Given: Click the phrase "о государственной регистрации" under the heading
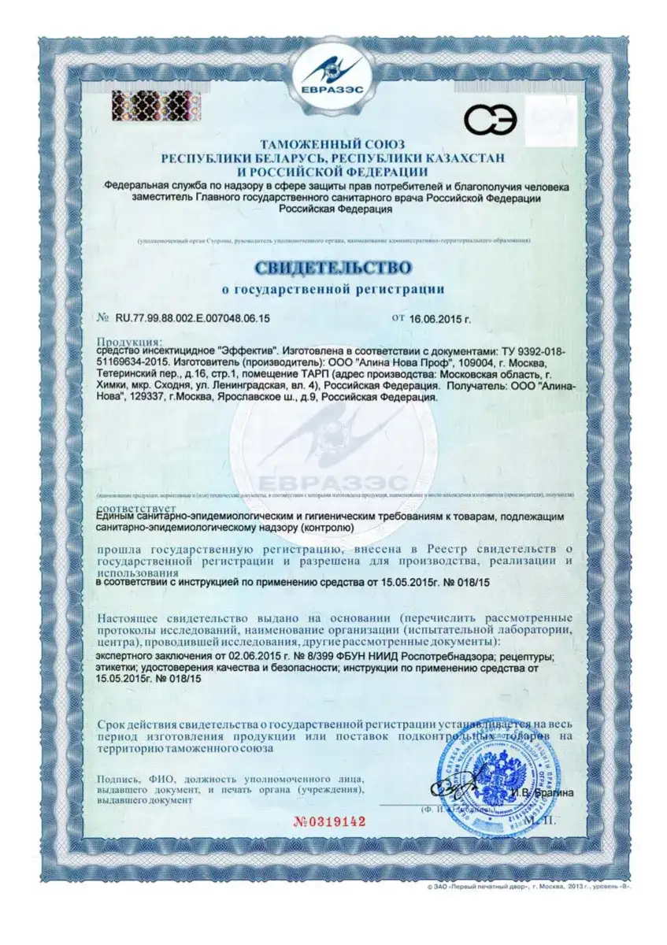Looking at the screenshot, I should [332, 289].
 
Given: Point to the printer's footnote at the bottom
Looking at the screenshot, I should [532, 886].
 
